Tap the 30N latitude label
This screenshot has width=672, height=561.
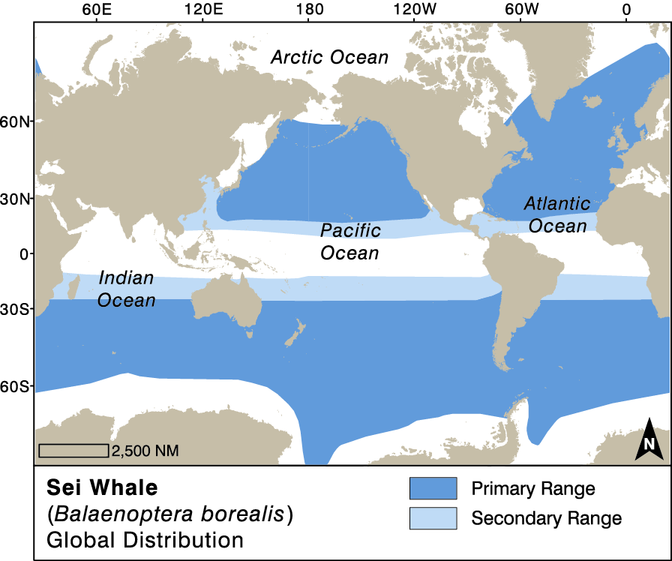click(16, 199)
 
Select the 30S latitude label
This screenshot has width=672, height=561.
click(16, 309)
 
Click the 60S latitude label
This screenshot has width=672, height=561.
click(16, 387)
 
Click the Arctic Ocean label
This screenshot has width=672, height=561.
click(330, 58)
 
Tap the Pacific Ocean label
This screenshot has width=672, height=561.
click(350, 241)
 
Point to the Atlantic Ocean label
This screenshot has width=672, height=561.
click(556, 214)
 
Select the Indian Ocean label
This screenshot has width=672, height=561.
click(127, 289)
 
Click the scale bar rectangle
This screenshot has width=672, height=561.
click(73, 450)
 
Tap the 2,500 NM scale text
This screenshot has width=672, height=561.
click(145, 451)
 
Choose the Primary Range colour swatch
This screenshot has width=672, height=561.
click(433, 488)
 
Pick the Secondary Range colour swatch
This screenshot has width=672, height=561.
click(433, 517)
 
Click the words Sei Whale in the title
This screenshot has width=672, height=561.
click(102, 487)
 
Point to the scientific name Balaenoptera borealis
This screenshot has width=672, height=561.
click(169, 514)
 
